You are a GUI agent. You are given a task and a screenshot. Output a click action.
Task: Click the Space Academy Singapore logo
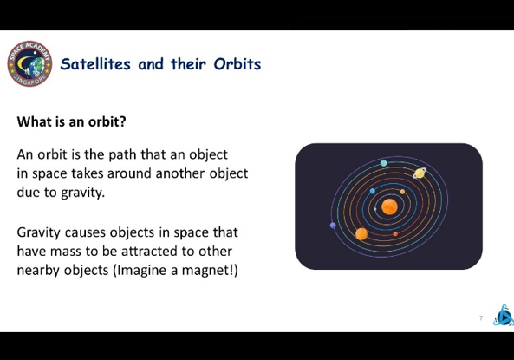click(x=29, y=63)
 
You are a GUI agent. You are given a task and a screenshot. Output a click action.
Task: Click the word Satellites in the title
click(x=95, y=63)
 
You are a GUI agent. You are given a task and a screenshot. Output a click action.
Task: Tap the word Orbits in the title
click(x=237, y=63)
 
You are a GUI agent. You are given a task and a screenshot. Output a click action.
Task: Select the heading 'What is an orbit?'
click(x=71, y=121)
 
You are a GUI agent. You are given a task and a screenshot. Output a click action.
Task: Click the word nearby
click(x=38, y=271)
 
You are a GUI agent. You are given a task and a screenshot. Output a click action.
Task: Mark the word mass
click(x=66, y=252)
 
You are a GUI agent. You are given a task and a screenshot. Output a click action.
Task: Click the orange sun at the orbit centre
click(x=389, y=207)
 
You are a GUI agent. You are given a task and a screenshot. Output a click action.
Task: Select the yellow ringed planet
click(x=420, y=173)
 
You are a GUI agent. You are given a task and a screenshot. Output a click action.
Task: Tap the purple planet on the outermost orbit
click(x=333, y=226)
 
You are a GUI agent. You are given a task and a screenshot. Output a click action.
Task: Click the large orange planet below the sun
click(x=361, y=234)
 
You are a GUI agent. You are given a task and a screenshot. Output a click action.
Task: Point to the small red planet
click(x=395, y=233)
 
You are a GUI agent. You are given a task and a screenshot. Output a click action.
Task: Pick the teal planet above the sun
click(x=383, y=163)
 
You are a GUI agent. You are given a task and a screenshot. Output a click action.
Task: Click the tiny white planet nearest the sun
click(x=375, y=209)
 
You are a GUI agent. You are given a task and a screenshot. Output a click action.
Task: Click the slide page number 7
click(x=481, y=318)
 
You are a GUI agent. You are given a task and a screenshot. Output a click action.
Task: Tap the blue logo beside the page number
click(x=504, y=316)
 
